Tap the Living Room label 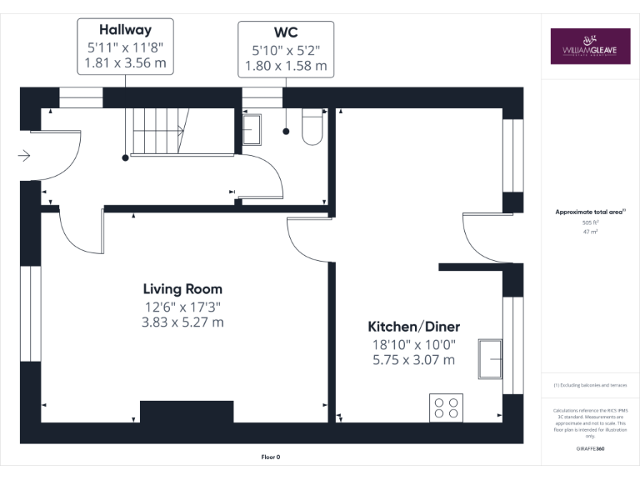182,289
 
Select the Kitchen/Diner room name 413,327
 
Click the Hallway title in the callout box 125,29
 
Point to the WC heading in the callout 286,32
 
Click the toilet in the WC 312,127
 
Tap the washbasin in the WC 251,128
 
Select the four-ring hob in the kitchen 446,407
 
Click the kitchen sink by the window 490,359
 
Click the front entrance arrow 24,155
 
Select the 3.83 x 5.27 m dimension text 182,322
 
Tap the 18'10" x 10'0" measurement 413,344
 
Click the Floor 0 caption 271,457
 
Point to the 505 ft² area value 590,222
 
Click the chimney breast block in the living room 187,412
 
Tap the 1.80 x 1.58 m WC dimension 286,65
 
